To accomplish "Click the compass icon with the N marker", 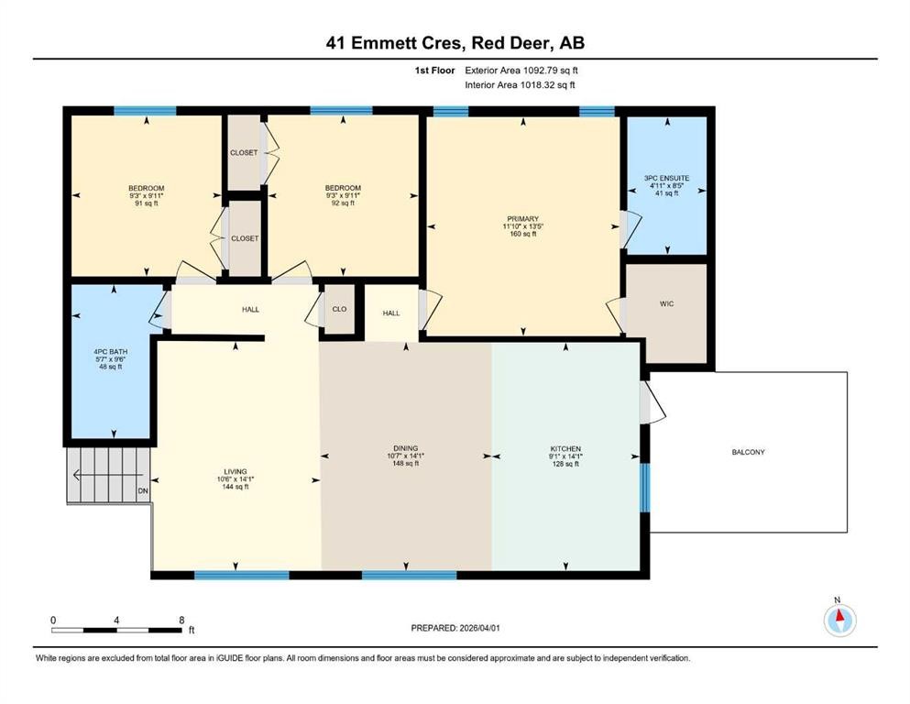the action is pos(839,620).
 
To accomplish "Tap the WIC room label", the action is pos(667,303).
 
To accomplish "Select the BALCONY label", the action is pos(748,452).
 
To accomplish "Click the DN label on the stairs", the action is pos(143,491).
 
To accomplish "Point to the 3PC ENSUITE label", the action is pos(667,178).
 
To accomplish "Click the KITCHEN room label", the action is pos(565,448).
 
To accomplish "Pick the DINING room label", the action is pos(406,448).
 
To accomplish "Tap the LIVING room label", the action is pos(236,472).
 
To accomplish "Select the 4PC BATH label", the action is pos(110,352).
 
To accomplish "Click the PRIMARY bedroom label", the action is pos(523,219).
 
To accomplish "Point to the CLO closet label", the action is pos(339,309).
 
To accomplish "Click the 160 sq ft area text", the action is pos(523,234).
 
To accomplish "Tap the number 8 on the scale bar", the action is pos(181,620).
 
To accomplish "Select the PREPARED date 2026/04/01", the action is pos(479,628).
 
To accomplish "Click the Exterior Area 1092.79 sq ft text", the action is pos(521,71).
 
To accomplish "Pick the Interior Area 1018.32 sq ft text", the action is pos(520,84).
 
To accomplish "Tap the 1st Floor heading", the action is pos(434,71).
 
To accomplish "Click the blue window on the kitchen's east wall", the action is pos(644,488).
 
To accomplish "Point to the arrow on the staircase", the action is pos(101,476).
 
